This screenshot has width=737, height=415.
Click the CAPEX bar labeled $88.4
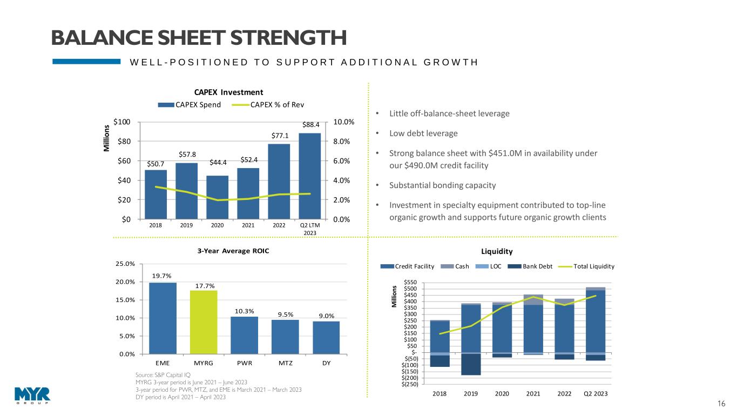tap(310, 176)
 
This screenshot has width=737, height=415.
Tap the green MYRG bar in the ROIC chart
tap(204, 322)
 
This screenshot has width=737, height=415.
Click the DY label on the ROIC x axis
tap(326, 363)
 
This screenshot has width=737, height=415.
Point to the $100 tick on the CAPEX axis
tap(122, 122)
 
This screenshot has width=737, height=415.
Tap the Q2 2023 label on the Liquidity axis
tap(596, 393)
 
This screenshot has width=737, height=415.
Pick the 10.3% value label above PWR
tap(244, 311)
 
